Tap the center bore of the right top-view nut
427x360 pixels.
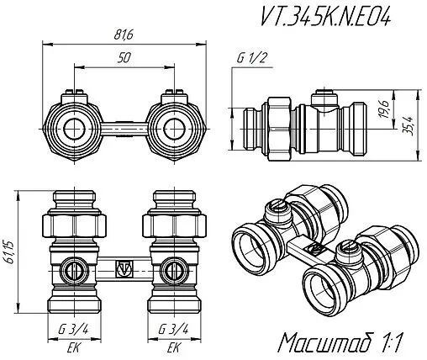point(175,129)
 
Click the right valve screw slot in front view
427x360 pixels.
point(175,271)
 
